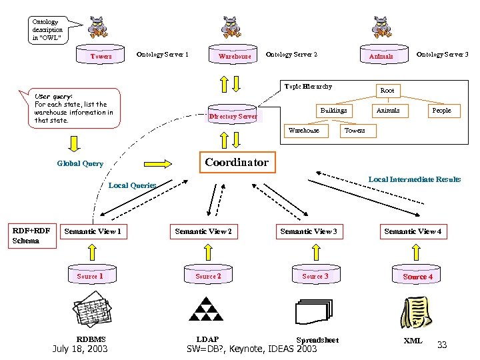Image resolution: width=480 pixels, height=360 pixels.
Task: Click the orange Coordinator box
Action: click(237, 163)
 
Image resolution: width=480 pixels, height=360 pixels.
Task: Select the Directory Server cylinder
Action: click(233, 116)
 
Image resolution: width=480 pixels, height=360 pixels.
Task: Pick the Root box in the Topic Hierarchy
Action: click(387, 90)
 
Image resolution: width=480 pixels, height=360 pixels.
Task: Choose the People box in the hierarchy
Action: click(441, 111)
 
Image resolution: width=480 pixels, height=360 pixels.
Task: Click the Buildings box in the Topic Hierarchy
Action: click(333, 111)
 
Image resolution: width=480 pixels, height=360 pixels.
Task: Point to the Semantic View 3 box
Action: click(308, 231)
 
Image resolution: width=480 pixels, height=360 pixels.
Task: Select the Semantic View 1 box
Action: click(93, 231)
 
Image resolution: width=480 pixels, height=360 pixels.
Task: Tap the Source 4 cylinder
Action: click(417, 276)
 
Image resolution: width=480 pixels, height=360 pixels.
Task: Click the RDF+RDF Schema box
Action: click(31, 236)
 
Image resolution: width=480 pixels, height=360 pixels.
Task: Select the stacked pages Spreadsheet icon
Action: click(312, 311)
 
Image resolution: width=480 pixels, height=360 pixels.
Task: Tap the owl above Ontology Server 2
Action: click(233, 26)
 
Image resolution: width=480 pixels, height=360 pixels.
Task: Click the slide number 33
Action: click(441, 345)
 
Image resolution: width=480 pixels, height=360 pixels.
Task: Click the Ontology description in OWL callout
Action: click(48, 30)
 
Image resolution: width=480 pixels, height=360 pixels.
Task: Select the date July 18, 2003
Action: click(80, 349)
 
